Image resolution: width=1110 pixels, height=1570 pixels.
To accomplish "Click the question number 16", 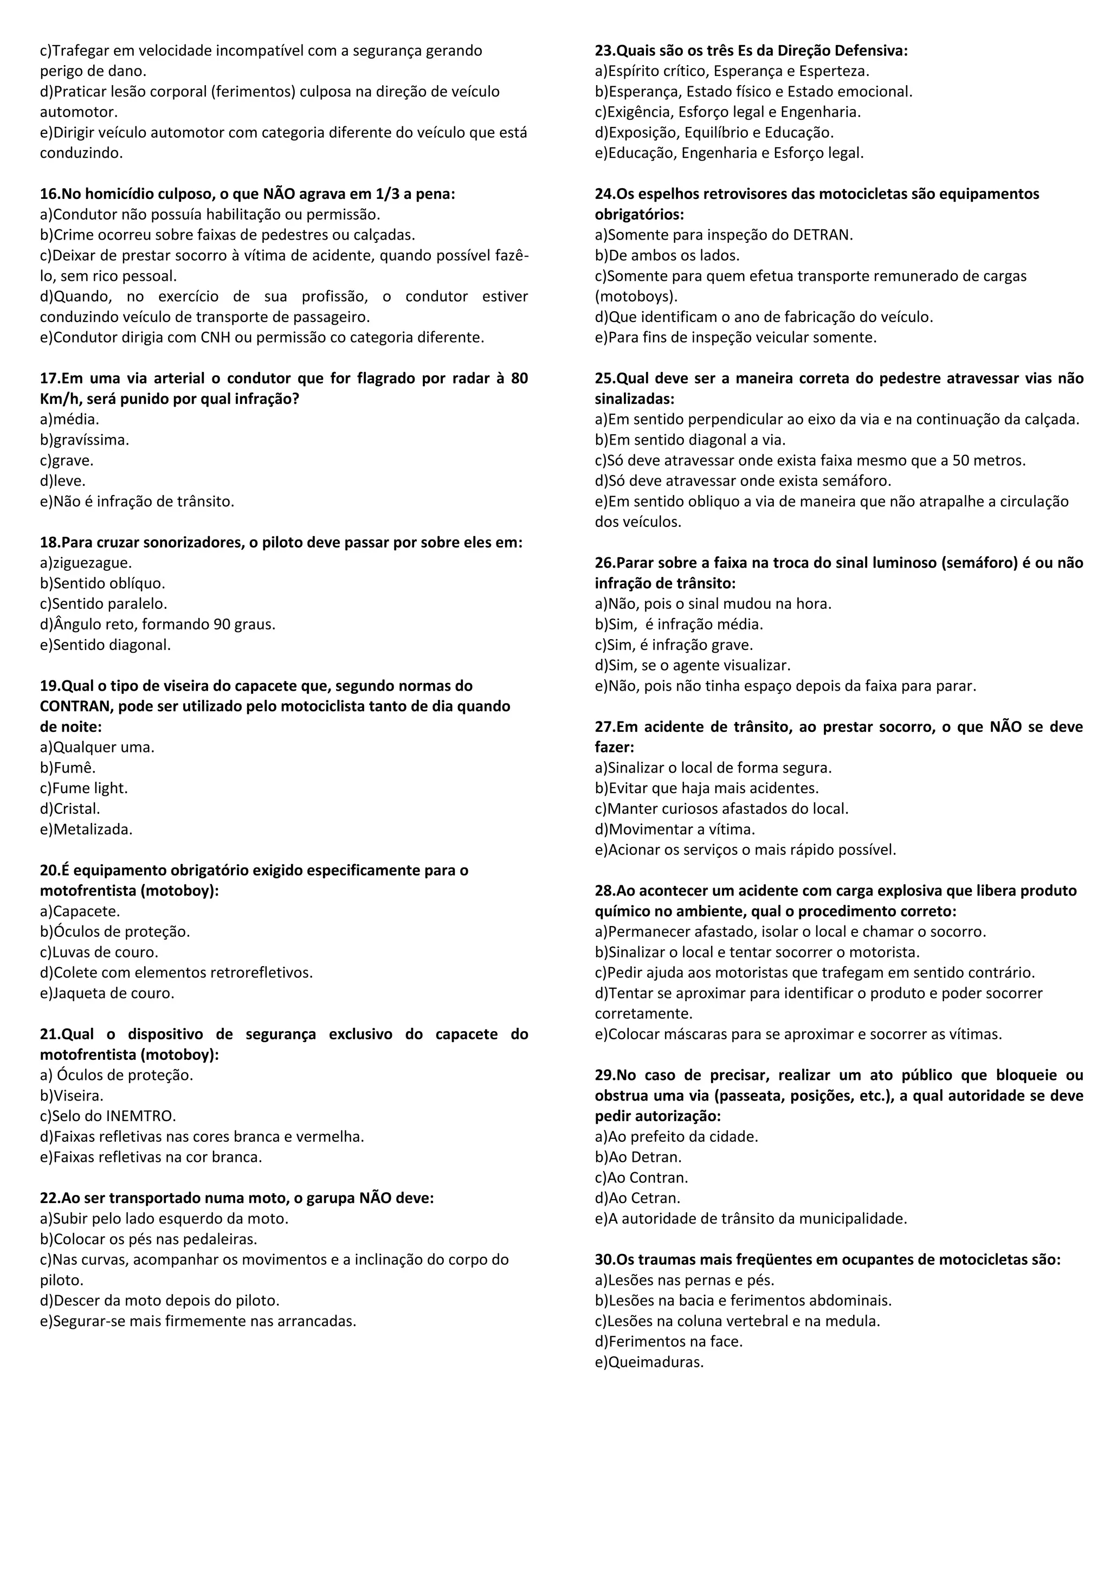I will pos(49,194).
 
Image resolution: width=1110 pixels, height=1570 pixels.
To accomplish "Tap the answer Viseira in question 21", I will pos(78,1096).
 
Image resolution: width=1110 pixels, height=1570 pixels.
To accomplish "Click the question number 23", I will pos(604,50).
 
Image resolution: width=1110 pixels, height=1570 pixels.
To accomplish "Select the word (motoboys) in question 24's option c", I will pos(636,297).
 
